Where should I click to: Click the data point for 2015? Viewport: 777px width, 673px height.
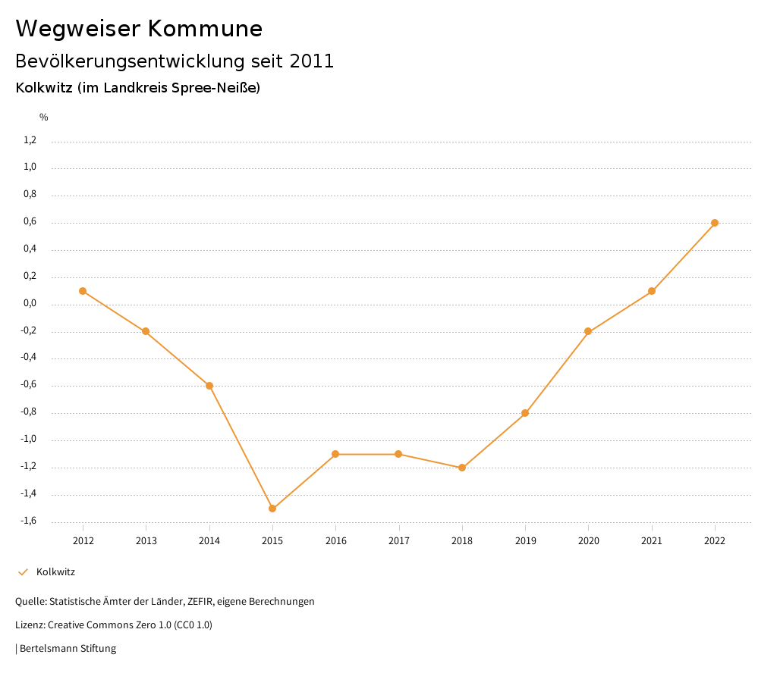pyautogui.click(x=272, y=509)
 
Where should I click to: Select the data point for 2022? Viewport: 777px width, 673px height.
pyautogui.click(x=715, y=223)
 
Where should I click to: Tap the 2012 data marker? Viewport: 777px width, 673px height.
pyautogui.click(x=83, y=291)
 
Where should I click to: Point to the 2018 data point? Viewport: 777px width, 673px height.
pyautogui.click(x=462, y=468)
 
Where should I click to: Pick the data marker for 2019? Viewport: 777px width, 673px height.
pyautogui.click(x=525, y=413)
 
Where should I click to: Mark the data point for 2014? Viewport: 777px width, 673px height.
pyautogui.click(x=209, y=386)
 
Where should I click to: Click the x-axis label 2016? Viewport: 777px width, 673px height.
pyautogui.click(x=335, y=540)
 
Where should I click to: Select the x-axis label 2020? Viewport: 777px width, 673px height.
pyautogui.click(x=588, y=540)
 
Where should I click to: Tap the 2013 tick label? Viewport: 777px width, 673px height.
pyautogui.click(x=146, y=540)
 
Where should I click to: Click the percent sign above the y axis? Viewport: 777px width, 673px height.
pyautogui.click(x=44, y=117)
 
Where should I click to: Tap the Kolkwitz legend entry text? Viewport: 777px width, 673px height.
pyautogui.click(x=55, y=572)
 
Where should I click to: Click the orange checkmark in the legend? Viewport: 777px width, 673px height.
pyautogui.click(x=23, y=572)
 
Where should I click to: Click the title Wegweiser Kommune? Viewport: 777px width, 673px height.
pyautogui.click(x=139, y=29)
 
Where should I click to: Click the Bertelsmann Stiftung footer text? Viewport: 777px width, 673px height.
pyautogui.click(x=68, y=649)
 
